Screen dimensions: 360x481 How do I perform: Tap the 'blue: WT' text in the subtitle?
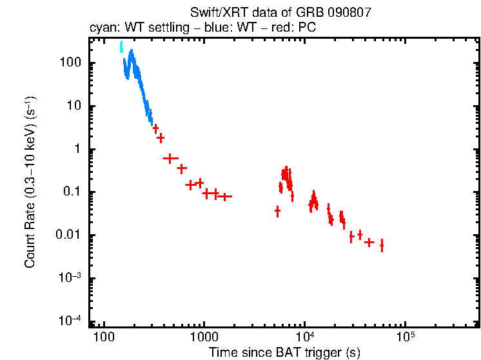pyautogui.click(x=246, y=28)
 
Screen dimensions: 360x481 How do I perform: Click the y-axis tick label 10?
pyautogui.click(x=73, y=106)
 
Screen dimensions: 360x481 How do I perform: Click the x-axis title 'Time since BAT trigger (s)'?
pyautogui.click(x=284, y=352)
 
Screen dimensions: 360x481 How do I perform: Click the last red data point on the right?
pyautogui.click(x=382, y=246)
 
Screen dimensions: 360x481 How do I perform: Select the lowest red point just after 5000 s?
pyautogui.click(x=277, y=211)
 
